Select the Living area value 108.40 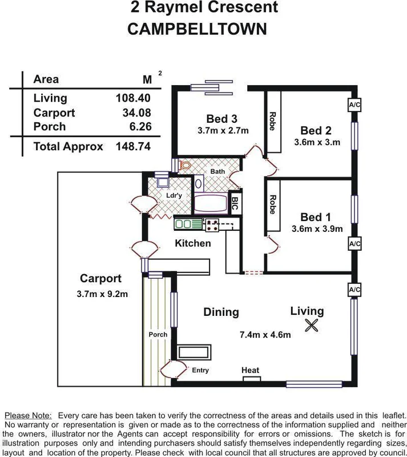tap(133, 98)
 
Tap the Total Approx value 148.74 tap(133, 146)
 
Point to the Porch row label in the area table tap(50, 126)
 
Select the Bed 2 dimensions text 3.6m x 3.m tap(317, 142)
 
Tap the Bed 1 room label tap(316, 217)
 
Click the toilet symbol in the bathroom tap(185, 166)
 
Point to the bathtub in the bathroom tap(211, 203)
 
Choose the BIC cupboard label tap(235, 203)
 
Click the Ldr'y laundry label tap(173, 196)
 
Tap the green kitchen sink tap(188, 223)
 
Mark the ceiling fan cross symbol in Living tap(311, 326)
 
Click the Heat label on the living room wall tap(250, 371)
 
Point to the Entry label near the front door tap(200, 370)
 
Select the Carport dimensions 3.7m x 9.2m tap(100, 294)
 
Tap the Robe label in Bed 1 tap(272, 205)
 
